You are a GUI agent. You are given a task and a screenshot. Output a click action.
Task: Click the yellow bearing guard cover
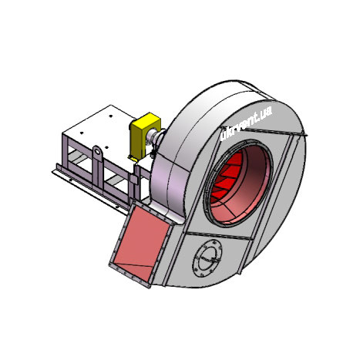click(x=145, y=135)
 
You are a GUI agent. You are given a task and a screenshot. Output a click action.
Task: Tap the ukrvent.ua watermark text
click(x=247, y=123)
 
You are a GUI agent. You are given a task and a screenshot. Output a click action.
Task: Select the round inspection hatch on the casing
click(x=207, y=258)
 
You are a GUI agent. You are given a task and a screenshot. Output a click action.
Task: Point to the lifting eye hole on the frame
click(x=97, y=151)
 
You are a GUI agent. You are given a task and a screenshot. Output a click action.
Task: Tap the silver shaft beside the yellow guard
click(x=153, y=136)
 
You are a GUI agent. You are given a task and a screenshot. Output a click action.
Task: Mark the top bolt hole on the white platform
click(x=110, y=116)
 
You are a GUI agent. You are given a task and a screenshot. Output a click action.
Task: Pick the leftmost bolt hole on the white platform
click(x=82, y=133)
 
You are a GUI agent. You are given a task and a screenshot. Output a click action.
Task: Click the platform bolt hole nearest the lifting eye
click(x=106, y=147)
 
